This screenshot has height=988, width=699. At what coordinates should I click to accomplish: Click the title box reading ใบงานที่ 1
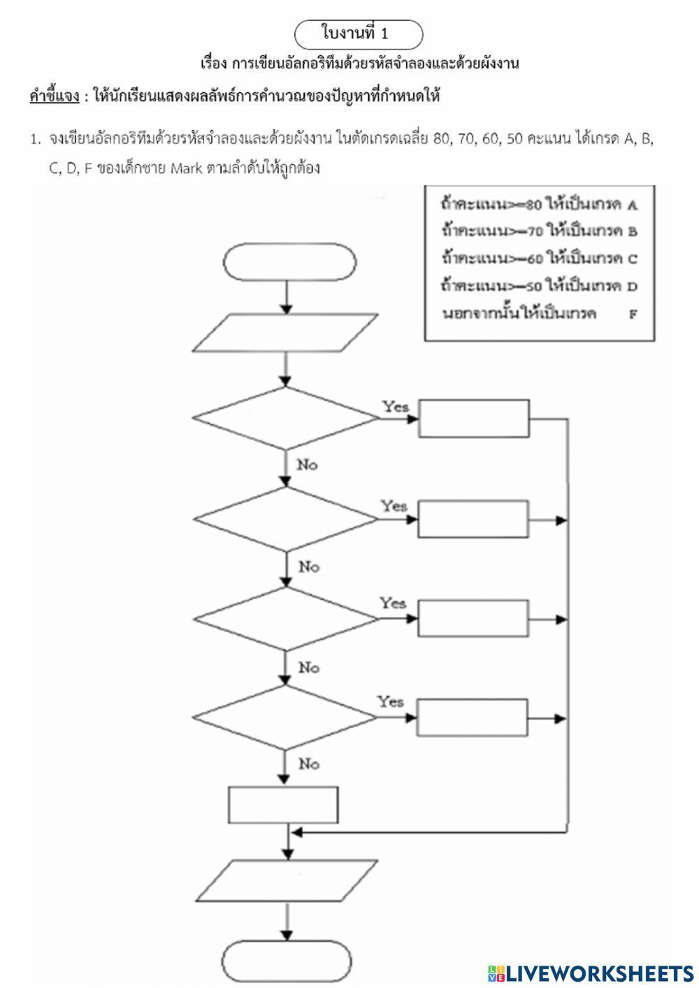pos(359,34)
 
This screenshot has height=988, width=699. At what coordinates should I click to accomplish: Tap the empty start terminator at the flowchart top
pos(290,263)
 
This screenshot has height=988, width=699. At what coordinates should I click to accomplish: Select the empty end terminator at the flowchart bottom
pos(287,961)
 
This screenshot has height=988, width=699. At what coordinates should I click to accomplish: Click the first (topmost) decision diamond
pos(285,418)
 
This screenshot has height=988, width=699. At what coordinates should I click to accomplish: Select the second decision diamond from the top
pos(285,518)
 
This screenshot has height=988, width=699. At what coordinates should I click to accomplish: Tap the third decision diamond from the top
pos(285,618)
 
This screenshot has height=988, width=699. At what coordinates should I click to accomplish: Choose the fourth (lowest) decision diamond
pos(285,717)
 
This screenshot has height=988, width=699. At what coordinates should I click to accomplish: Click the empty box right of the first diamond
pos(473,418)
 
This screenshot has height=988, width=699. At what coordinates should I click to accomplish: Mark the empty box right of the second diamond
pos(473,520)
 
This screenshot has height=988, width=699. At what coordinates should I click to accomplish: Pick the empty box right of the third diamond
pos(473,618)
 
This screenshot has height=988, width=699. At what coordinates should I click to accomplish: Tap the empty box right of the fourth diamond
pos(472,718)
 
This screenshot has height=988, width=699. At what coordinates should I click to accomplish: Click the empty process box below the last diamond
pos(284,805)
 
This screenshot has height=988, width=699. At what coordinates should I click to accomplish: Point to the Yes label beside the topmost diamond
pos(395,406)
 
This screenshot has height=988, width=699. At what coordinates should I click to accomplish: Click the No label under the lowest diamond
pos(308,764)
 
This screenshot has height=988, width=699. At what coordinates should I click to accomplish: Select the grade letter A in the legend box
pos(632,206)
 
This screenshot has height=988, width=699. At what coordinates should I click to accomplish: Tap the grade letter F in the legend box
pos(633,314)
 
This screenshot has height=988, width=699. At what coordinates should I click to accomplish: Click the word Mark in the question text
pos(186,169)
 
